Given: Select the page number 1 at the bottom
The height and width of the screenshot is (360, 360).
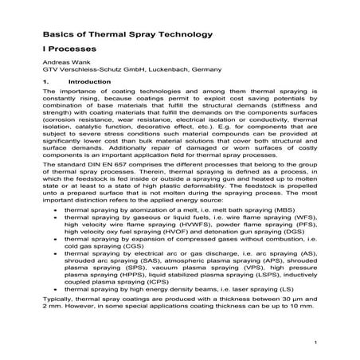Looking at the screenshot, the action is click(x=316, y=342).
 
